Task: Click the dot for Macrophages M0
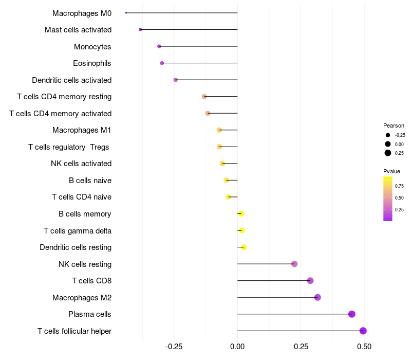pyautogui.click(x=126, y=13)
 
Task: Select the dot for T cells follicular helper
pyautogui.click(x=363, y=331)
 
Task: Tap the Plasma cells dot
pyautogui.click(x=352, y=314)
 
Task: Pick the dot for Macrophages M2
pyautogui.click(x=317, y=297)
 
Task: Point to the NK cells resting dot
pyautogui.click(x=294, y=264)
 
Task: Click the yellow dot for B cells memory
pyautogui.click(x=241, y=213)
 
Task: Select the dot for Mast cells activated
pyautogui.click(x=140, y=30)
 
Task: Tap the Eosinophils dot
pyautogui.click(x=162, y=63)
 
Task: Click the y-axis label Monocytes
pyautogui.click(x=92, y=47)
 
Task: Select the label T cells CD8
pyautogui.click(x=92, y=281)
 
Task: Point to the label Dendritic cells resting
pyautogui.click(x=76, y=247)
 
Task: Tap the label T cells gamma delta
pyautogui.click(x=78, y=231)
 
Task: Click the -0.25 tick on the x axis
pyautogui.click(x=174, y=347)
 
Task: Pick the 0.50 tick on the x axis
pyautogui.click(x=364, y=347)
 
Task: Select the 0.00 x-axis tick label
pyautogui.click(x=237, y=347)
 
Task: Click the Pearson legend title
pyautogui.click(x=394, y=125)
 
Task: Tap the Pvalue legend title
pyautogui.click(x=391, y=171)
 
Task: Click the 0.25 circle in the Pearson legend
pyautogui.click(x=388, y=153)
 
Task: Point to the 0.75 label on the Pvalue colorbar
pyautogui.click(x=399, y=186)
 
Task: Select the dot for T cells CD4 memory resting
pyautogui.click(x=204, y=97)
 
